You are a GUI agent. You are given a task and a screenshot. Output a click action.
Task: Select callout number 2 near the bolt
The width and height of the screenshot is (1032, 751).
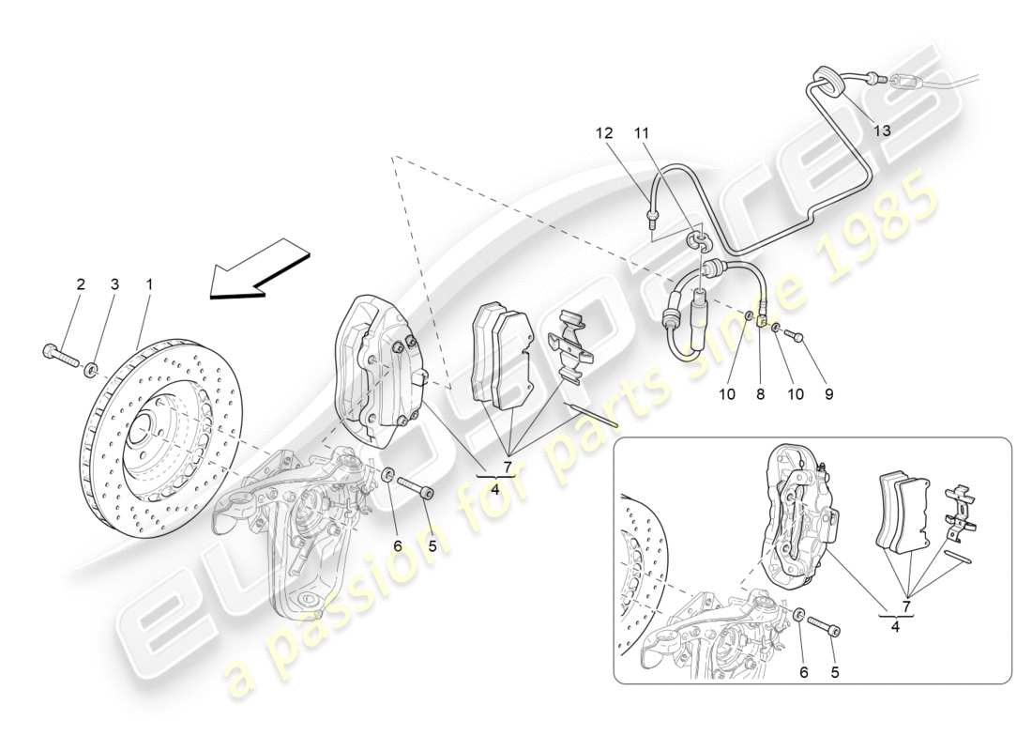(x=81, y=284)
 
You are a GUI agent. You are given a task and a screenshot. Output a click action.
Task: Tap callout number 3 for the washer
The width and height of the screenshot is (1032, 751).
(x=114, y=284)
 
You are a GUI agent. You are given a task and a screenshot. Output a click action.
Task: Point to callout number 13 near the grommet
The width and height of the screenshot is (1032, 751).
(x=882, y=130)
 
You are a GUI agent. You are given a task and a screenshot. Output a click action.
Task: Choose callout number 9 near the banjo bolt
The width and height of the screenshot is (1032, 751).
(x=828, y=395)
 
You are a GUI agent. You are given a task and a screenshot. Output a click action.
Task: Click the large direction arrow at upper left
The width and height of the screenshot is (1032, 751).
(x=259, y=268)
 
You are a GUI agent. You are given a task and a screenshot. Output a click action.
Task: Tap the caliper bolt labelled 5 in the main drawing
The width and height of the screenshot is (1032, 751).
(x=415, y=487)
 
